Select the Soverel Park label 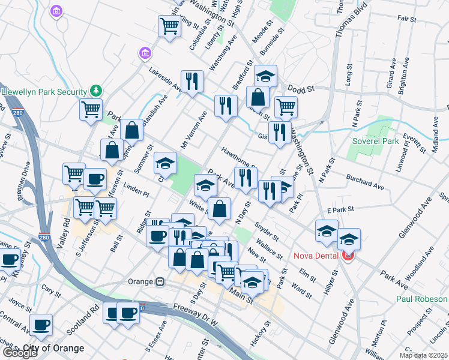(375, 142)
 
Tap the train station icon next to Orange (160, 281)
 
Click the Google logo (20, 353)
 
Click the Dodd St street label (301, 89)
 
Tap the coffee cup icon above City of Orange (41, 325)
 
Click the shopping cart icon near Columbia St (170, 26)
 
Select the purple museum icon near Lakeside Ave (144, 54)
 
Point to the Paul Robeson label (421, 299)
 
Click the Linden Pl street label (136, 191)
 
